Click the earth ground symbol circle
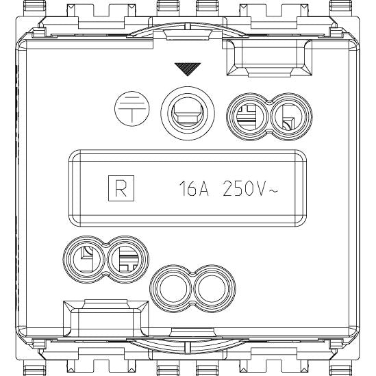[131, 109]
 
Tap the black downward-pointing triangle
[188, 68]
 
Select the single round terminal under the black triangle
[188, 113]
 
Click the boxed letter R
[121, 188]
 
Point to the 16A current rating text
[194, 189]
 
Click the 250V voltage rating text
[245, 189]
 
